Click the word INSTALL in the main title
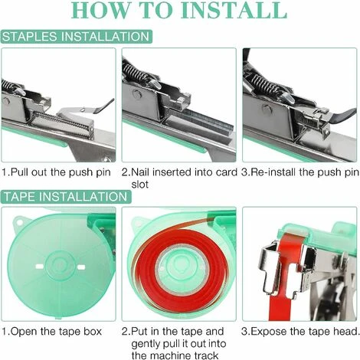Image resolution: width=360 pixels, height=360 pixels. point(234,10)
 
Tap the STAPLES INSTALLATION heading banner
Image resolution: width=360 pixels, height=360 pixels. point(76,37)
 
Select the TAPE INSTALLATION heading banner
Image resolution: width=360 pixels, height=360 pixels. point(66,197)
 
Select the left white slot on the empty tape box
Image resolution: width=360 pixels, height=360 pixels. point(39,267)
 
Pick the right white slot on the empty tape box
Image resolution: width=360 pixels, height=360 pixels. point(81,267)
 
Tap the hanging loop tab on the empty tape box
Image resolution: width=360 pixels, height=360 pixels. point(19,221)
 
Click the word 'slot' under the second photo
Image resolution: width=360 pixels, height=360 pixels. point(140,185)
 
